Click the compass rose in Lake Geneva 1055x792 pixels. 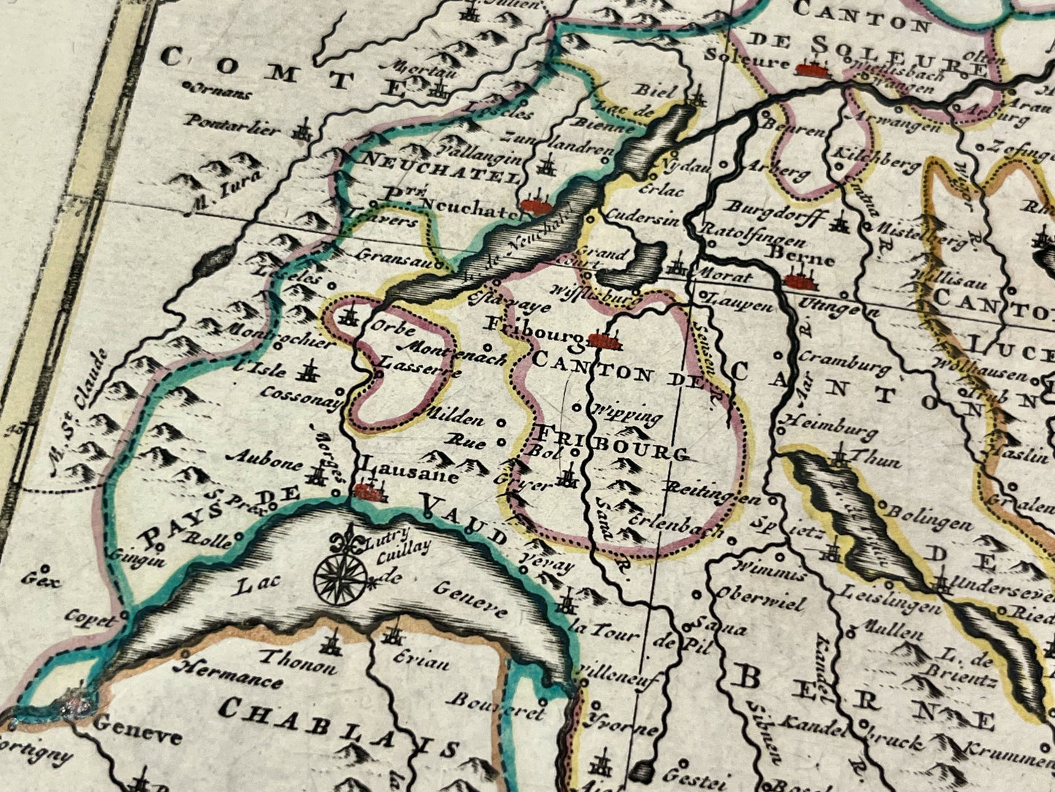[340, 575]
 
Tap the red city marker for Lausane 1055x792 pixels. [369, 492]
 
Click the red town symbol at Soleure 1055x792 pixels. [815, 69]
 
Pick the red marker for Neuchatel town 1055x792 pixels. [537, 206]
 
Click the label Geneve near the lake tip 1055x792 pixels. [137, 728]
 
